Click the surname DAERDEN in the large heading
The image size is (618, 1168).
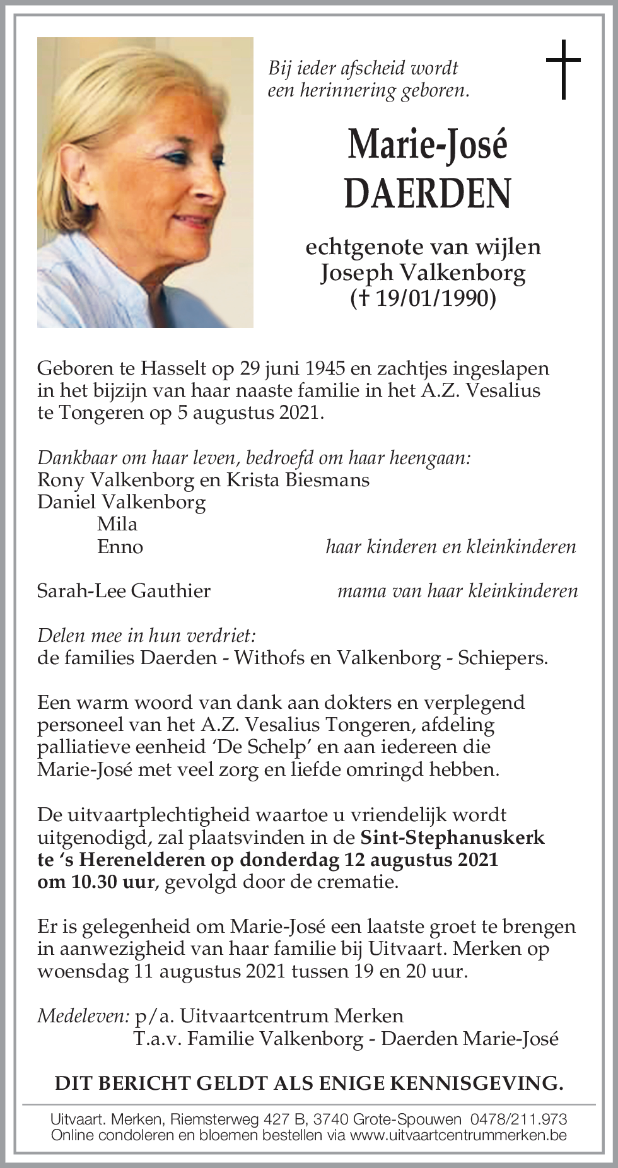pyautogui.click(x=428, y=194)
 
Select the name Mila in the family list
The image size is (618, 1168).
pyautogui.click(x=117, y=524)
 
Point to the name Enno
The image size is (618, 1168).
pyautogui.click(x=120, y=546)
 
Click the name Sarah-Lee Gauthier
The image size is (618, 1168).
pyautogui.click(x=124, y=591)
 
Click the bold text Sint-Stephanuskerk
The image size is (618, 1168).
pyautogui.click(x=452, y=838)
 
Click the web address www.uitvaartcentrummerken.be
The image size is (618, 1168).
pyautogui.click(x=458, y=1135)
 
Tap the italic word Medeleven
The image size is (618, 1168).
pyautogui.click(x=83, y=1016)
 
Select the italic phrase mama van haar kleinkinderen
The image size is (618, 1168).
pyautogui.click(x=458, y=591)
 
